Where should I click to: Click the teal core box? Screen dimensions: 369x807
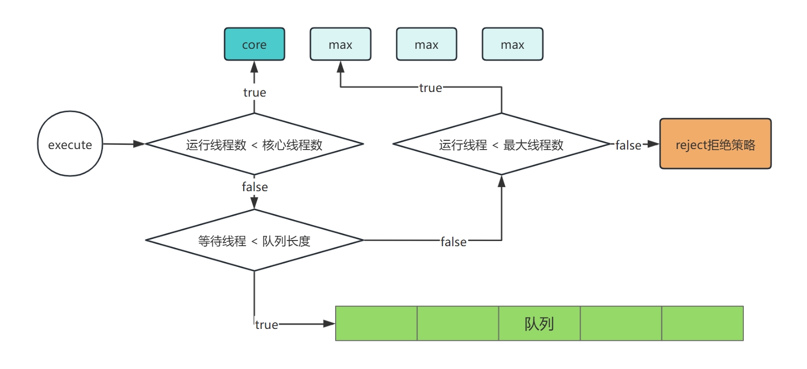pos(254,45)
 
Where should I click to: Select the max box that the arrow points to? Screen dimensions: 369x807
pos(340,45)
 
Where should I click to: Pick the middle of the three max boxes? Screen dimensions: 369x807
pos(426,45)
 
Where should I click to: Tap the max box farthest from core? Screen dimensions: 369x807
pos(512,45)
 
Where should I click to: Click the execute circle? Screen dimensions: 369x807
pos(70,144)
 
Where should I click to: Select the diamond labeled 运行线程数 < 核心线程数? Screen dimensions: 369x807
pos(254,144)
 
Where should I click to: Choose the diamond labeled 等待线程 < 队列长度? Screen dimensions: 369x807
pos(254,241)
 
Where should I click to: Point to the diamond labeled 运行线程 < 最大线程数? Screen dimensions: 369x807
pos(501,144)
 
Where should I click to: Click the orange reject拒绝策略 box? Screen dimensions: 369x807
pos(715,144)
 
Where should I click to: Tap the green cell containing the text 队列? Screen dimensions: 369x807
pos(539,324)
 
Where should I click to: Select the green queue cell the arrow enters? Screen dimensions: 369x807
pos(376,324)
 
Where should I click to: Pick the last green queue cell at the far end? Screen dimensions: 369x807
pos(702,324)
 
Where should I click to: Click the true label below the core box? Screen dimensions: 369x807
pos(254,93)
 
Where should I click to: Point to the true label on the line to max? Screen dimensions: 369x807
pos(430,88)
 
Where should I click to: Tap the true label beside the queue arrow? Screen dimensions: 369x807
pos(266,325)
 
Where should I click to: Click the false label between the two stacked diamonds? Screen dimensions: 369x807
pos(254,187)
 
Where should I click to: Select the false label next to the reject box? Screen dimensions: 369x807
pos(628,145)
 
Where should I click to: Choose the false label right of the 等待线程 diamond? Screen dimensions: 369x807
pos(453,242)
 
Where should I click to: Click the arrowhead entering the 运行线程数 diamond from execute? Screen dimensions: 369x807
pos(139,144)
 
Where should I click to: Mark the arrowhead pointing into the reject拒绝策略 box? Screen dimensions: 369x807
pos(654,144)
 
